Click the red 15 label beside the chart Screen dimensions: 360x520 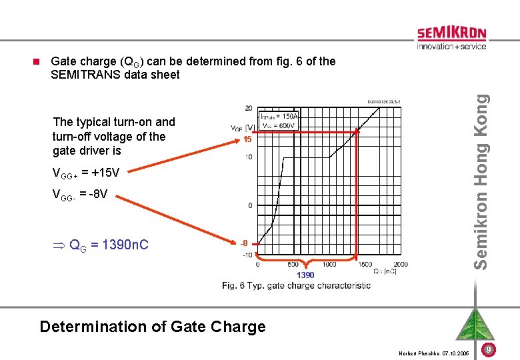click(247, 141)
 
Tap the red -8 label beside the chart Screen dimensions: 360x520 click(246, 243)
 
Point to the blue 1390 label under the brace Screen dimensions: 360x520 click(306, 275)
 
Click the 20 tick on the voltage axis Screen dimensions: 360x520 click(248, 108)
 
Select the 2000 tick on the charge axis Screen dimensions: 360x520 click(400, 264)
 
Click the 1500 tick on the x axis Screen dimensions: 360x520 click(365, 264)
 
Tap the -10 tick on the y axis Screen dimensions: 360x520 click(247, 255)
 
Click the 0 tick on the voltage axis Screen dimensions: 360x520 click(250, 205)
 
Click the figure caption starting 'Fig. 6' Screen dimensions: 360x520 click(297, 285)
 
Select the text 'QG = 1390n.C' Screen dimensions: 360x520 click(101, 245)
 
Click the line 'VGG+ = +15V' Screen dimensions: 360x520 click(86, 174)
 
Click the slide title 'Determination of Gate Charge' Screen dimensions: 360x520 click(153, 327)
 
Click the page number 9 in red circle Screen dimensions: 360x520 click(489, 349)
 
